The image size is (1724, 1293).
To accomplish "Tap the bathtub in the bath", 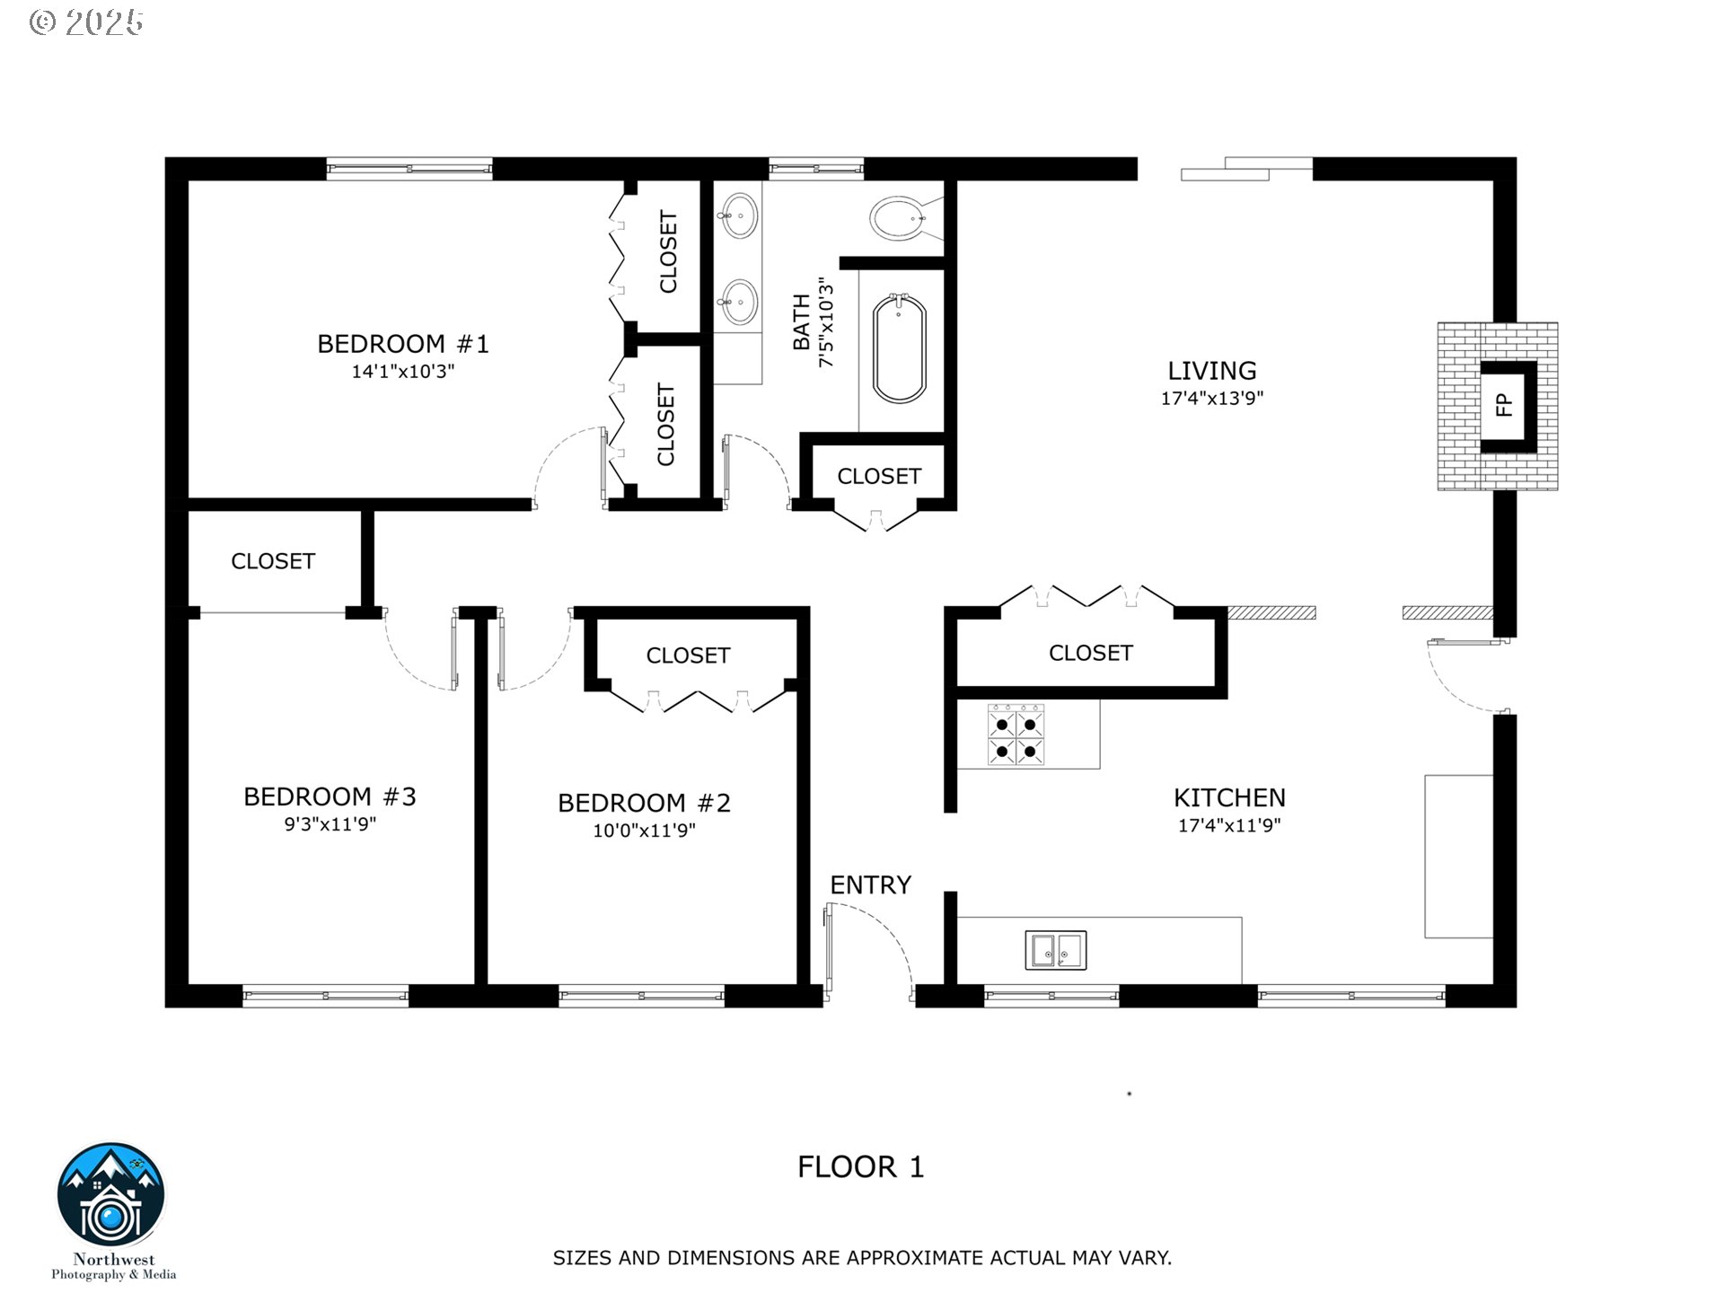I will (x=900, y=350).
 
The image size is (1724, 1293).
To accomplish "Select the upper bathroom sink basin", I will (x=740, y=215).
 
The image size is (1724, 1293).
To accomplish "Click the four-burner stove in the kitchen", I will (x=1016, y=735).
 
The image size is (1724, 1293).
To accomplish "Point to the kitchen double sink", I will (x=1056, y=950).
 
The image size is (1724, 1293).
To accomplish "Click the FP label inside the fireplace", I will (x=1505, y=406).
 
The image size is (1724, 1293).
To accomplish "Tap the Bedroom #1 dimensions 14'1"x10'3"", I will (x=403, y=372).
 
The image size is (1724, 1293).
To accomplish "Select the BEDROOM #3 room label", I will (x=330, y=796).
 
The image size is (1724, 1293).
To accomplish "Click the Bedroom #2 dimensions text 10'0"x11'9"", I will (x=644, y=831).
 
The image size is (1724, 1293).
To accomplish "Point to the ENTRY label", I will (x=870, y=885).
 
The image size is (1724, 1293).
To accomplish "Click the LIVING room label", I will (x=1211, y=371).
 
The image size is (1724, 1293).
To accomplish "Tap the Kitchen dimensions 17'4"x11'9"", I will (x=1229, y=825).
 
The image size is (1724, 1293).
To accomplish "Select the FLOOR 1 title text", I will (x=860, y=1167).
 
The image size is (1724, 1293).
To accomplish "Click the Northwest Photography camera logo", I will (x=111, y=1196).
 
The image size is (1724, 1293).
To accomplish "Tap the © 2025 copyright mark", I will (x=86, y=22).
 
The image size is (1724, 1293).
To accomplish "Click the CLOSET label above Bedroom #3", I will (x=273, y=561).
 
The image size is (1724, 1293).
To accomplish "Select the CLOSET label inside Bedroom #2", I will (x=688, y=655).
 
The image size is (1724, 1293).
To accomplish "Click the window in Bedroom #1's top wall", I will (x=409, y=168).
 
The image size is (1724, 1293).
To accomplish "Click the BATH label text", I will (x=801, y=323).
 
